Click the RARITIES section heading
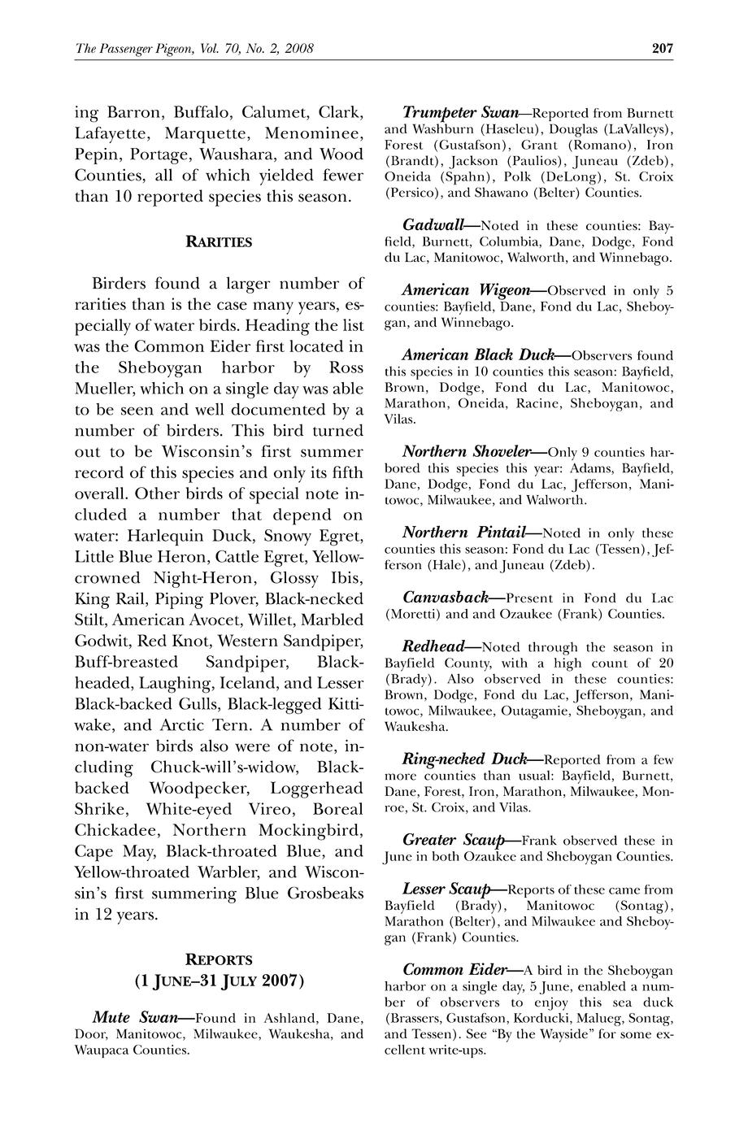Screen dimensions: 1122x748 (219, 241)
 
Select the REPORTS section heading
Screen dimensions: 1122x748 (219, 959)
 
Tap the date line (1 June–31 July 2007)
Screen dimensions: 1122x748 (219, 981)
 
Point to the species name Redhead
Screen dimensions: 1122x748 (433, 646)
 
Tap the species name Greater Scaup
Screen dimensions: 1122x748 (450, 840)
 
